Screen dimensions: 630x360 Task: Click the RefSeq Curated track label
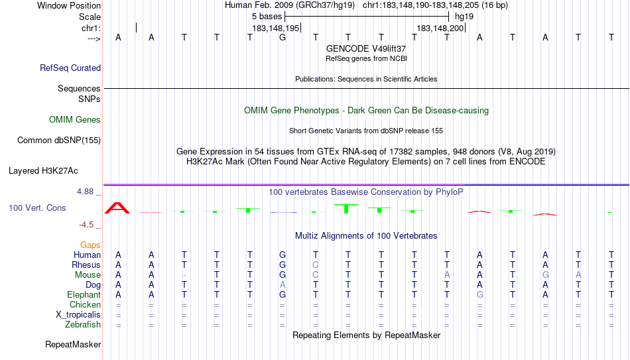click(70, 68)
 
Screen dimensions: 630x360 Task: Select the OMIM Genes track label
click(75, 120)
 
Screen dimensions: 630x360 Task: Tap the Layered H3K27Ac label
click(43, 171)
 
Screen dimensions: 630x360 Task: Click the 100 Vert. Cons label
click(37, 208)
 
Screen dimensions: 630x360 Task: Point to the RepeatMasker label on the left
click(73, 344)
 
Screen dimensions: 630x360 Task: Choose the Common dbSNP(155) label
click(59, 141)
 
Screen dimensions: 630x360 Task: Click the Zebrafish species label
click(83, 325)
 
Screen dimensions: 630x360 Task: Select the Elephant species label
click(84, 295)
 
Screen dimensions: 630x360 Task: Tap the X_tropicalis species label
click(78, 315)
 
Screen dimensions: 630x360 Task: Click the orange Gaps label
click(90, 245)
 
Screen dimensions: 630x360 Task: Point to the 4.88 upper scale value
click(85, 192)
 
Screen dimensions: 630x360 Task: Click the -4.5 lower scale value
click(86, 225)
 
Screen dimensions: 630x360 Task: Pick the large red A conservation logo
click(117, 208)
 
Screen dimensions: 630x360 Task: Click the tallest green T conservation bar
click(346, 209)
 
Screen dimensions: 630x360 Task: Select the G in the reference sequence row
click(283, 37)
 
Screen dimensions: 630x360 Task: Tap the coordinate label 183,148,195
click(276, 28)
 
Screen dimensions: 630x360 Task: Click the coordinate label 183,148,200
click(440, 28)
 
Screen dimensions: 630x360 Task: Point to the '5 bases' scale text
click(267, 17)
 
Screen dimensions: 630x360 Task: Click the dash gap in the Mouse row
click(184, 275)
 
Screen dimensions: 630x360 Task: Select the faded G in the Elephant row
click(479, 295)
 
